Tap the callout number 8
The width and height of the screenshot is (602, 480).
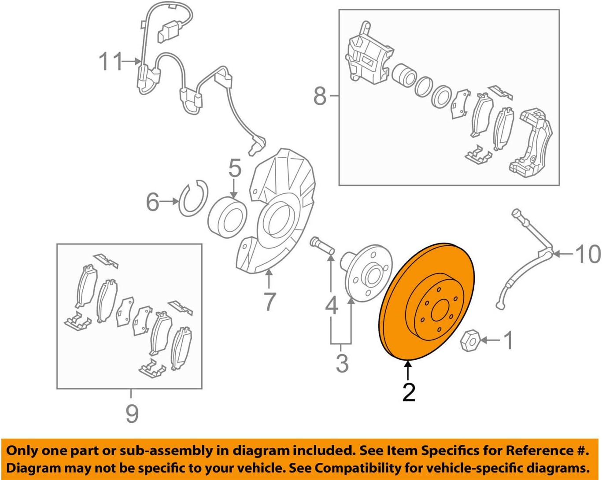320,96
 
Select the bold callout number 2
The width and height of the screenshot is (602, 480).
409,392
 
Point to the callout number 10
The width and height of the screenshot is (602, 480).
587,254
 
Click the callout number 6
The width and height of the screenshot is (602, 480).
152,202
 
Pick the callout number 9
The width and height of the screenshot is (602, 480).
132,413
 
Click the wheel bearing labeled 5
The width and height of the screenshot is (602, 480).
227,217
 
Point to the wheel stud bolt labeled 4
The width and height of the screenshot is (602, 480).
323,245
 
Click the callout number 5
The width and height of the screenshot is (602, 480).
235,168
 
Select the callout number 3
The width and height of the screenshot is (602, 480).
342,364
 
